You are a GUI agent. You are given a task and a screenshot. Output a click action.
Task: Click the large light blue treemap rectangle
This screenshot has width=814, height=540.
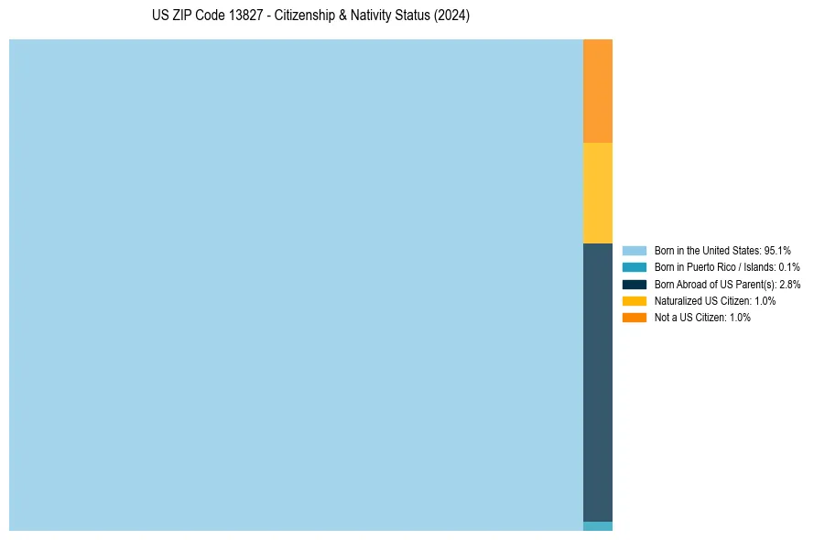(296, 285)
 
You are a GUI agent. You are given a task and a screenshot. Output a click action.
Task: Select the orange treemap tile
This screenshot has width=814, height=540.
(597, 91)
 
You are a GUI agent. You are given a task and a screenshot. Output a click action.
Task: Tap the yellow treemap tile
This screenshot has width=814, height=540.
(597, 192)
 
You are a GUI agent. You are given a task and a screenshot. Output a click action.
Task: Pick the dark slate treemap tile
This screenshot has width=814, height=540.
(597, 382)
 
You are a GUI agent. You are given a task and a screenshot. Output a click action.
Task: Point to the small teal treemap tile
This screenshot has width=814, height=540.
(597, 526)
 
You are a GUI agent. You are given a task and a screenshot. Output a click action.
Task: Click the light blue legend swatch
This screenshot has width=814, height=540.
(634, 250)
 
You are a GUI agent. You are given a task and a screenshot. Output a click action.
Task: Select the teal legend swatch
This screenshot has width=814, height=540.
(634, 267)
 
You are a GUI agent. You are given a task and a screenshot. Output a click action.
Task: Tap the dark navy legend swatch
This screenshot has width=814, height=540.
(634, 284)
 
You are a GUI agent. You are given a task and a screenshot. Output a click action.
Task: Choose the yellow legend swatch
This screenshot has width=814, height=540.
(634, 300)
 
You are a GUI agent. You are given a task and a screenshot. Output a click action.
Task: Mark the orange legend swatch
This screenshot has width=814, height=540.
(634, 318)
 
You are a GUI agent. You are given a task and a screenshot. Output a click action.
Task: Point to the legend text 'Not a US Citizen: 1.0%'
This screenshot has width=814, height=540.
(702, 318)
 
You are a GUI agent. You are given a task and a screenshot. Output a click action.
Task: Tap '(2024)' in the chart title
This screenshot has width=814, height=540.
(452, 16)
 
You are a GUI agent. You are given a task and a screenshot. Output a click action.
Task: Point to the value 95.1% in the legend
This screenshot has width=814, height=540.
(777, 250)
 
